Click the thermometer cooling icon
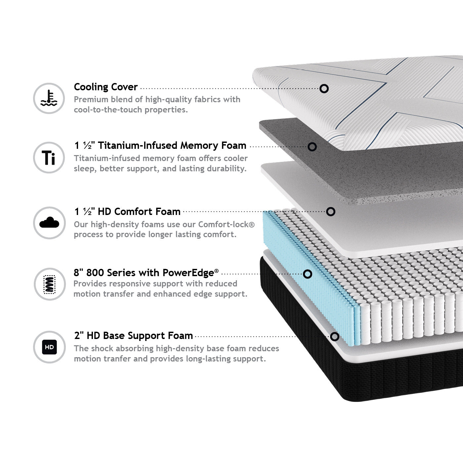(x=49, y=99)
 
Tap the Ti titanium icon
(x=49, y=158)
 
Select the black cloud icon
(x=49, y=223)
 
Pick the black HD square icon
(x=49, y=347)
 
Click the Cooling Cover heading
(x=105, y=87)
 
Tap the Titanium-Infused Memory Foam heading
(x=160, y=146)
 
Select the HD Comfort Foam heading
(x=127, y=211)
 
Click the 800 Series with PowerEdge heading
(x=146, y=273)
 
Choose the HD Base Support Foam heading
(x=133, y=336)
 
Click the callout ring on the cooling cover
(x=324, y=89)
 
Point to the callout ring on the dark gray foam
(x=312, y=147)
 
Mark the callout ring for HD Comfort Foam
(x=331, y=212)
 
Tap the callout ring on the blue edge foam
(x=308, y=274)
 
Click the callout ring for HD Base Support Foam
(x=335, y=337)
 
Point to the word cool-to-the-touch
(x=108, y=110)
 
